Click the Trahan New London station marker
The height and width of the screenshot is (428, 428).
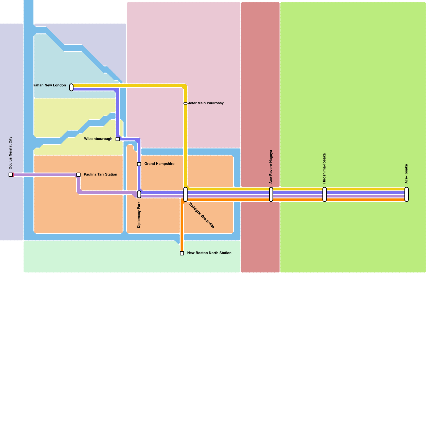71,87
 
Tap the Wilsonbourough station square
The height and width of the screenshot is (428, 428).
118,139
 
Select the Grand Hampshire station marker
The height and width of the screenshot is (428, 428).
139,164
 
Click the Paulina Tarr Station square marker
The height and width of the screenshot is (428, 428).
78,175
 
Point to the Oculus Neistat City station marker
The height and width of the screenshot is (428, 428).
11,175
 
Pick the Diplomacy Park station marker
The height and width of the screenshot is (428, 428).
139,194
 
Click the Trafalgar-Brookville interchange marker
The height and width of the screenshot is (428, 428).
185,194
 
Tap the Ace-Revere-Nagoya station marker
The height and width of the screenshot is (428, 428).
271,194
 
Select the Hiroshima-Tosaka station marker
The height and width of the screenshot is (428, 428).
324,194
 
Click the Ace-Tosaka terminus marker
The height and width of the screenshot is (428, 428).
407,194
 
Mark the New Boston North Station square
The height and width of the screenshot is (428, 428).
182,253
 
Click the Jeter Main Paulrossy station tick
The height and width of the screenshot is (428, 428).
185,103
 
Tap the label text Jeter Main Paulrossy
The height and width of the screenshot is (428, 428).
206,103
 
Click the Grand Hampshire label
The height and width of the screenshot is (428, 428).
159,164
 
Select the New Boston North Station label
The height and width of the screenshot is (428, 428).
209,253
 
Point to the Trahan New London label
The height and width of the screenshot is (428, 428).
49,85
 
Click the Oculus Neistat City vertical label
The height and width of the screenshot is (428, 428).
11,153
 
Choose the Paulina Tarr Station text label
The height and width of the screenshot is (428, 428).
100,174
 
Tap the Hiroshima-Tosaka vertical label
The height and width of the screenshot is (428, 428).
324,168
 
